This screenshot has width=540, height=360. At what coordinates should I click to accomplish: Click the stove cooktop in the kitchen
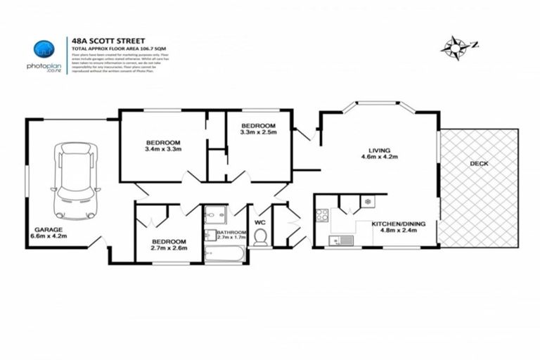point(322,215)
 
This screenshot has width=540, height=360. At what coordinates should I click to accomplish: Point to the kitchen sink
point(344,240)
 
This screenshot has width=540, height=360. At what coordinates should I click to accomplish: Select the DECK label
point(479,164)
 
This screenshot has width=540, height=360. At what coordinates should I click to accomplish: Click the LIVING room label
point(379,150)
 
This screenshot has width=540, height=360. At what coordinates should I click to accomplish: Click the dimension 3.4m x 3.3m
point(163,149)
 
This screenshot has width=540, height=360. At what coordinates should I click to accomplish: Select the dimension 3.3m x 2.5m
point(258,131)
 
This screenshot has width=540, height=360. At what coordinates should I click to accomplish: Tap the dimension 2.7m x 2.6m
point(169,247)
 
